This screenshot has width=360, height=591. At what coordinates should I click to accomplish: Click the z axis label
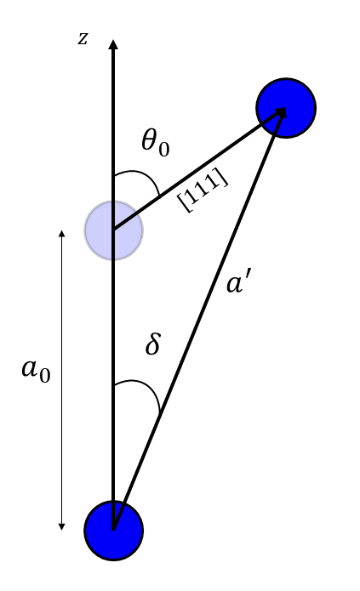pos(83,38)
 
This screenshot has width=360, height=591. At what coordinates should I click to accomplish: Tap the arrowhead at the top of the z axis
pos(113,43)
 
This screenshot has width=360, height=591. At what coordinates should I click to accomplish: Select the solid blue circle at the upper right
pos(286,107)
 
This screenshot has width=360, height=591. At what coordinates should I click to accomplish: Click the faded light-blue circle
pos(113,230)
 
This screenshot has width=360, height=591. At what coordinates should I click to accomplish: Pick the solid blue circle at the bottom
pos(113,531)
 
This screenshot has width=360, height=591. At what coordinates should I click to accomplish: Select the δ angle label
pos(153,345)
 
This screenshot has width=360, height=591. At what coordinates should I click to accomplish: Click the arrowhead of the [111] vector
pos(278,113)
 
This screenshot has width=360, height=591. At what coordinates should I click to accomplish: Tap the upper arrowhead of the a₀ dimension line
pos(61,232)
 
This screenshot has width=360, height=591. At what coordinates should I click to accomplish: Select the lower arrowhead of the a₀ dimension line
pos(61,526)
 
